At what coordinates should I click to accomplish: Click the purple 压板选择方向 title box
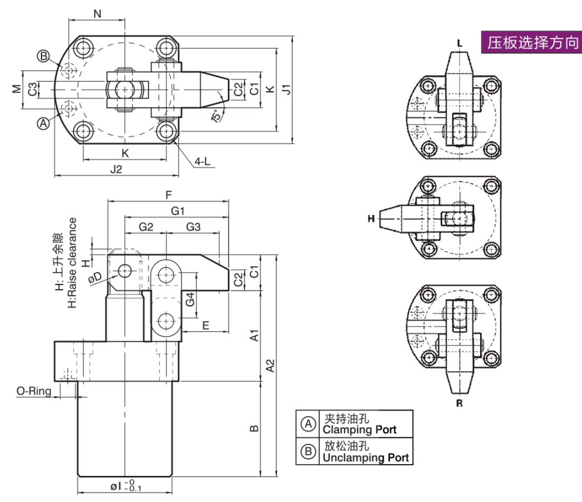click(x=531, y=43)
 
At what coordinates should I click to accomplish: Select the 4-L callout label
click(x=203, y=162)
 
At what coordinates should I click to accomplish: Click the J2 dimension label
click(x=116, y=169)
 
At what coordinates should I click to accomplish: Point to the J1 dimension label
click(x=286, y=89)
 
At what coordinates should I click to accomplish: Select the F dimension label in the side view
click(x=168, y=194)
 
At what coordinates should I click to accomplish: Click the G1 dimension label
click(x=178, y=210)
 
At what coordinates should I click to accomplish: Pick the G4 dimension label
click(x=189, y=299)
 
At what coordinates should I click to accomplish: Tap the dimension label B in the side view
click(x=253, y=428)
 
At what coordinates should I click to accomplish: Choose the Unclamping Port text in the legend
click(x=365, y=457)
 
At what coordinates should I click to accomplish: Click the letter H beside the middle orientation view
click(x=371, y=219)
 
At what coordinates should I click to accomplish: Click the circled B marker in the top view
click(x=43, y=56)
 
